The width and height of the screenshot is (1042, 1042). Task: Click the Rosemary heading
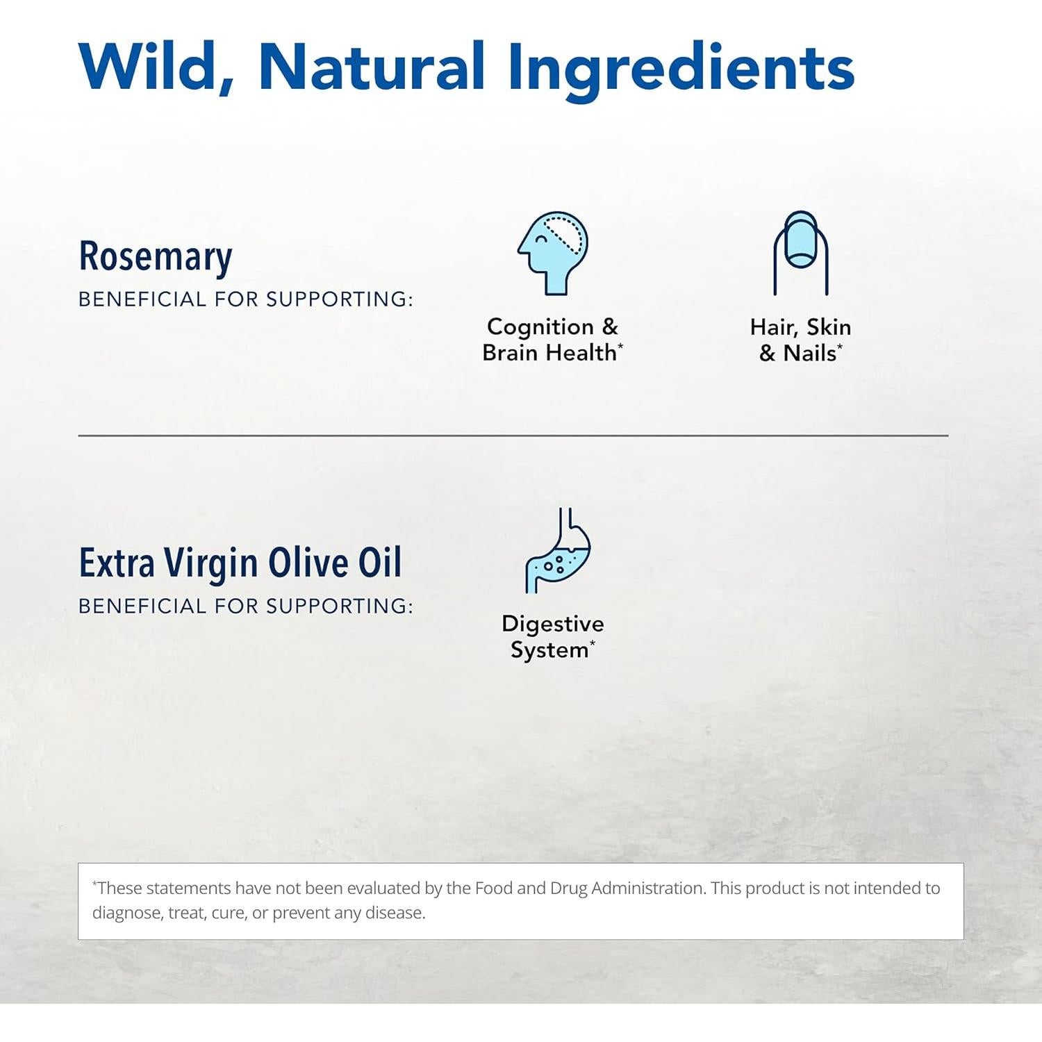click(156, 257)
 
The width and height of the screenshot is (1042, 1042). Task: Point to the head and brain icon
click(553, 254)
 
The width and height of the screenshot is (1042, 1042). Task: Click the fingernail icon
click(801, 253)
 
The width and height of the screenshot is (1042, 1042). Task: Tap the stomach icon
click(558, 550)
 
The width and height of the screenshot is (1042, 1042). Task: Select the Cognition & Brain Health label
click(553, 340)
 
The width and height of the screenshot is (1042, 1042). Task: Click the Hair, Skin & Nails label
click(800, 340)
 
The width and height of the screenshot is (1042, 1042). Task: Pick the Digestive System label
click(553, 636)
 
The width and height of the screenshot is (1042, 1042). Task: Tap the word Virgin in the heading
click(211, 564)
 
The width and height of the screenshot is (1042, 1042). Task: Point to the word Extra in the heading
click(117, 563)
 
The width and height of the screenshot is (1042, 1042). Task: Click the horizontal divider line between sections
click(513, 436)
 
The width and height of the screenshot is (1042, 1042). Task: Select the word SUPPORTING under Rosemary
click(340, 299)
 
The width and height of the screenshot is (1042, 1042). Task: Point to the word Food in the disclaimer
click(493, 888)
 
